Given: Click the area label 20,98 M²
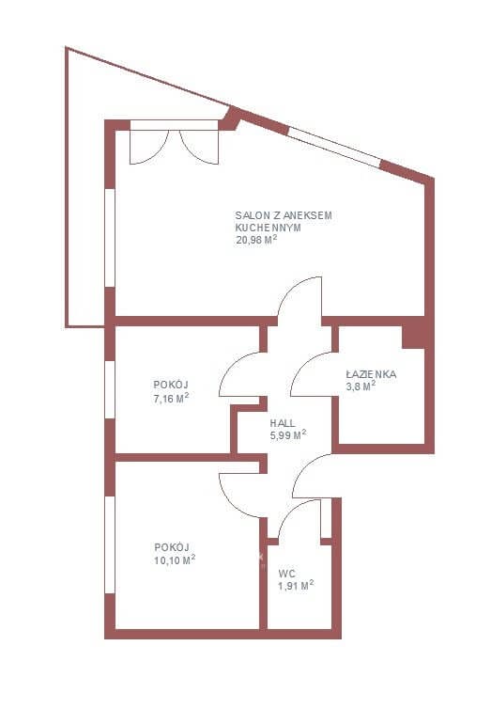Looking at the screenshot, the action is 256,240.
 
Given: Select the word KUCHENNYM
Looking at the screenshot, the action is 269,228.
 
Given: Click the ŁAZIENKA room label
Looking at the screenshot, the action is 371,374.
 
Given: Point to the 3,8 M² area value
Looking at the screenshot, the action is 361,386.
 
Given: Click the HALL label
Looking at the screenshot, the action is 283,423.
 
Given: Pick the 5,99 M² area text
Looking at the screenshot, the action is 288,435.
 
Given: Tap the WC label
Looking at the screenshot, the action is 287,575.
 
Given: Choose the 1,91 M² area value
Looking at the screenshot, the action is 296,586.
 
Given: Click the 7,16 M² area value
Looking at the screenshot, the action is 171,399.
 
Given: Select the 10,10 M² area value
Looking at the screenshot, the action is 175,560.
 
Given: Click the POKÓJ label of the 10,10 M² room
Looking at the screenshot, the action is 172,547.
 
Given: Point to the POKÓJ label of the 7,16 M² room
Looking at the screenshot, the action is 171,385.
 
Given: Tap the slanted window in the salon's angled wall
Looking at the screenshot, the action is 334,148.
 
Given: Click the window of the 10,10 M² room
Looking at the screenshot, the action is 110,544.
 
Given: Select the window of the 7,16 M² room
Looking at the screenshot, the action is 110,389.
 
